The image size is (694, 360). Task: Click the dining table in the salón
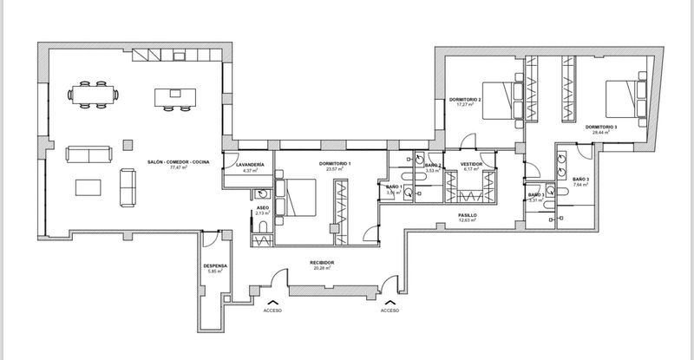[95, 95]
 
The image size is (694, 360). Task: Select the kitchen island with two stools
[170, 96]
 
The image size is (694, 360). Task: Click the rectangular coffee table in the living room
[89, 188]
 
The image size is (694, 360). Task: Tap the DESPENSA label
[215, 265]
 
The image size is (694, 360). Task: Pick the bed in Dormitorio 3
[622, 98]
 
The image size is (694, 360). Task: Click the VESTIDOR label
[471, 163]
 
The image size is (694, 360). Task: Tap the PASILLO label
[469, 214]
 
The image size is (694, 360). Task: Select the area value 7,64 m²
[580, 186]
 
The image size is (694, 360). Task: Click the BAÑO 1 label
[395, 187]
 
